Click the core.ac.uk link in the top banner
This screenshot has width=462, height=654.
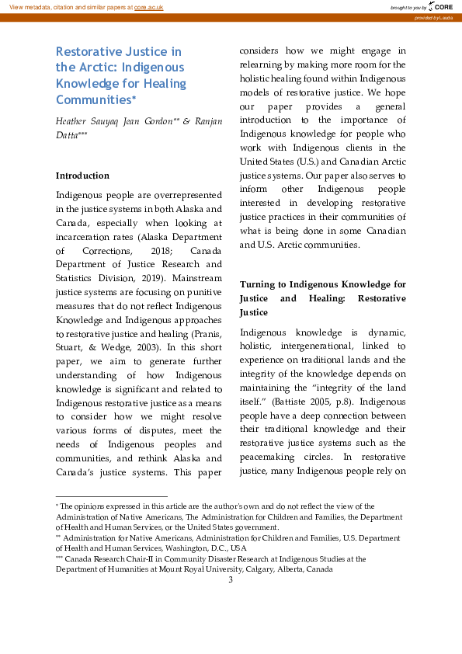click(149, 6)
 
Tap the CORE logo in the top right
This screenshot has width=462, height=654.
click(439, 6)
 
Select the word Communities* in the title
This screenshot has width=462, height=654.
click(96, 99)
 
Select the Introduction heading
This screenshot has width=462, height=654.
click(82, 176)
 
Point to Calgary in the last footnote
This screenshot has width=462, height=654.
click(238, 569)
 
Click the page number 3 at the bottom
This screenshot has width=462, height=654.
click(231, 579)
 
